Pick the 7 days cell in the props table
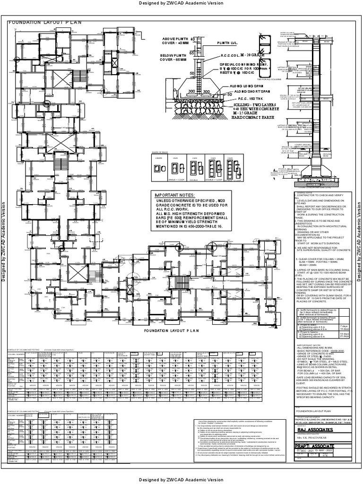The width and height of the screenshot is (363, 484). pos(343,326)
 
